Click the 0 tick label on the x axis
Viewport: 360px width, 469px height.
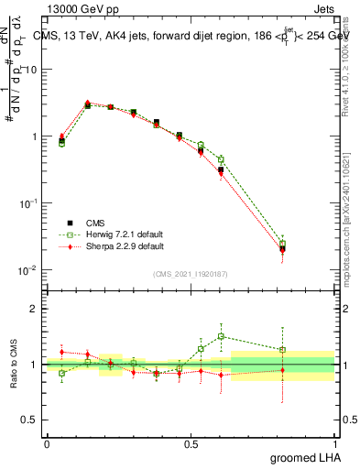point(47,443)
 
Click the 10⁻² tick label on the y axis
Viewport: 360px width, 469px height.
point(28,269)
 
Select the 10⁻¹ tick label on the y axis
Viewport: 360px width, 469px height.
point(28,202)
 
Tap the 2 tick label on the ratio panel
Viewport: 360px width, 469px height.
point(35,310)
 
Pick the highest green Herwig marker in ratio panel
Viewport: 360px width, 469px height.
point(221,336)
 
